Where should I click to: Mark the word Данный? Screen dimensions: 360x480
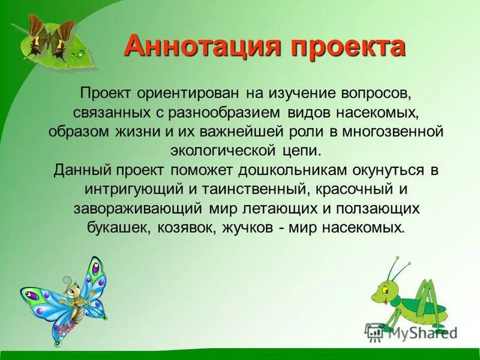coord(77,169)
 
